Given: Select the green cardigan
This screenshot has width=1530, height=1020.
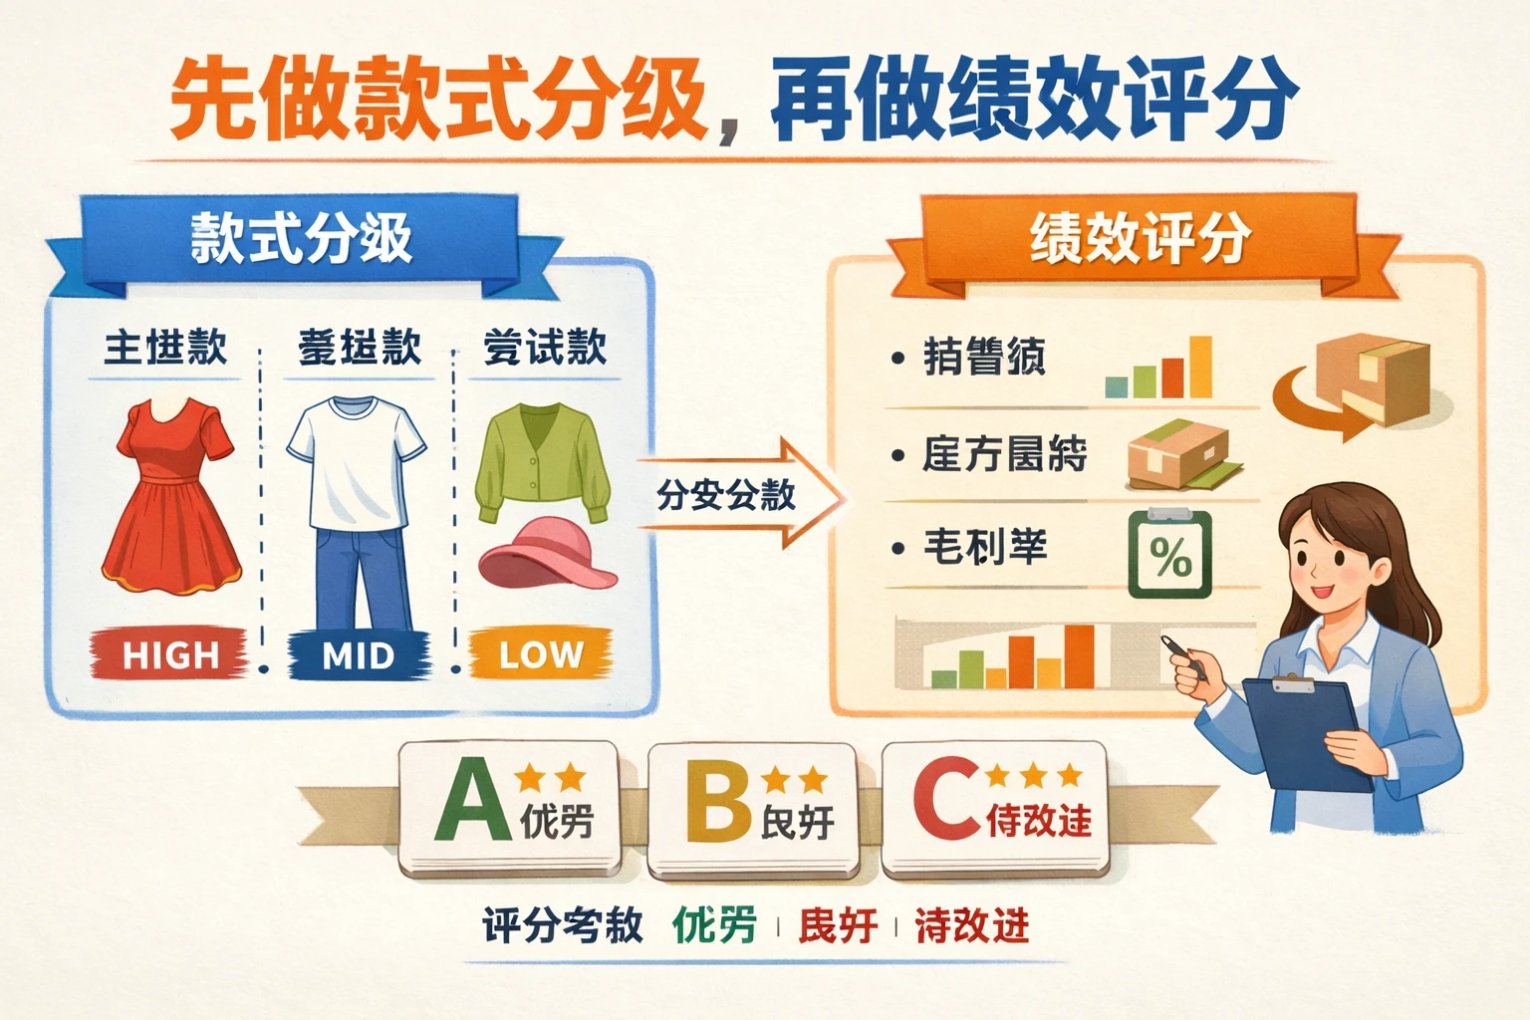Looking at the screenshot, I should [542, 462].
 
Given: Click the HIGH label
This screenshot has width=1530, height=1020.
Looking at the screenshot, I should [170, 654].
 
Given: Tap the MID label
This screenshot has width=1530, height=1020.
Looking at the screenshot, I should [359, 655].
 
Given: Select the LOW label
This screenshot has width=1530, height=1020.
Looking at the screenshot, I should [541, 654].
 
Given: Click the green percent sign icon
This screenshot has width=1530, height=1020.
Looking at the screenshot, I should [1169, 555].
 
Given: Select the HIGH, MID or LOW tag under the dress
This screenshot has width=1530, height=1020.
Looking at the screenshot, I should [170, 654].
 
